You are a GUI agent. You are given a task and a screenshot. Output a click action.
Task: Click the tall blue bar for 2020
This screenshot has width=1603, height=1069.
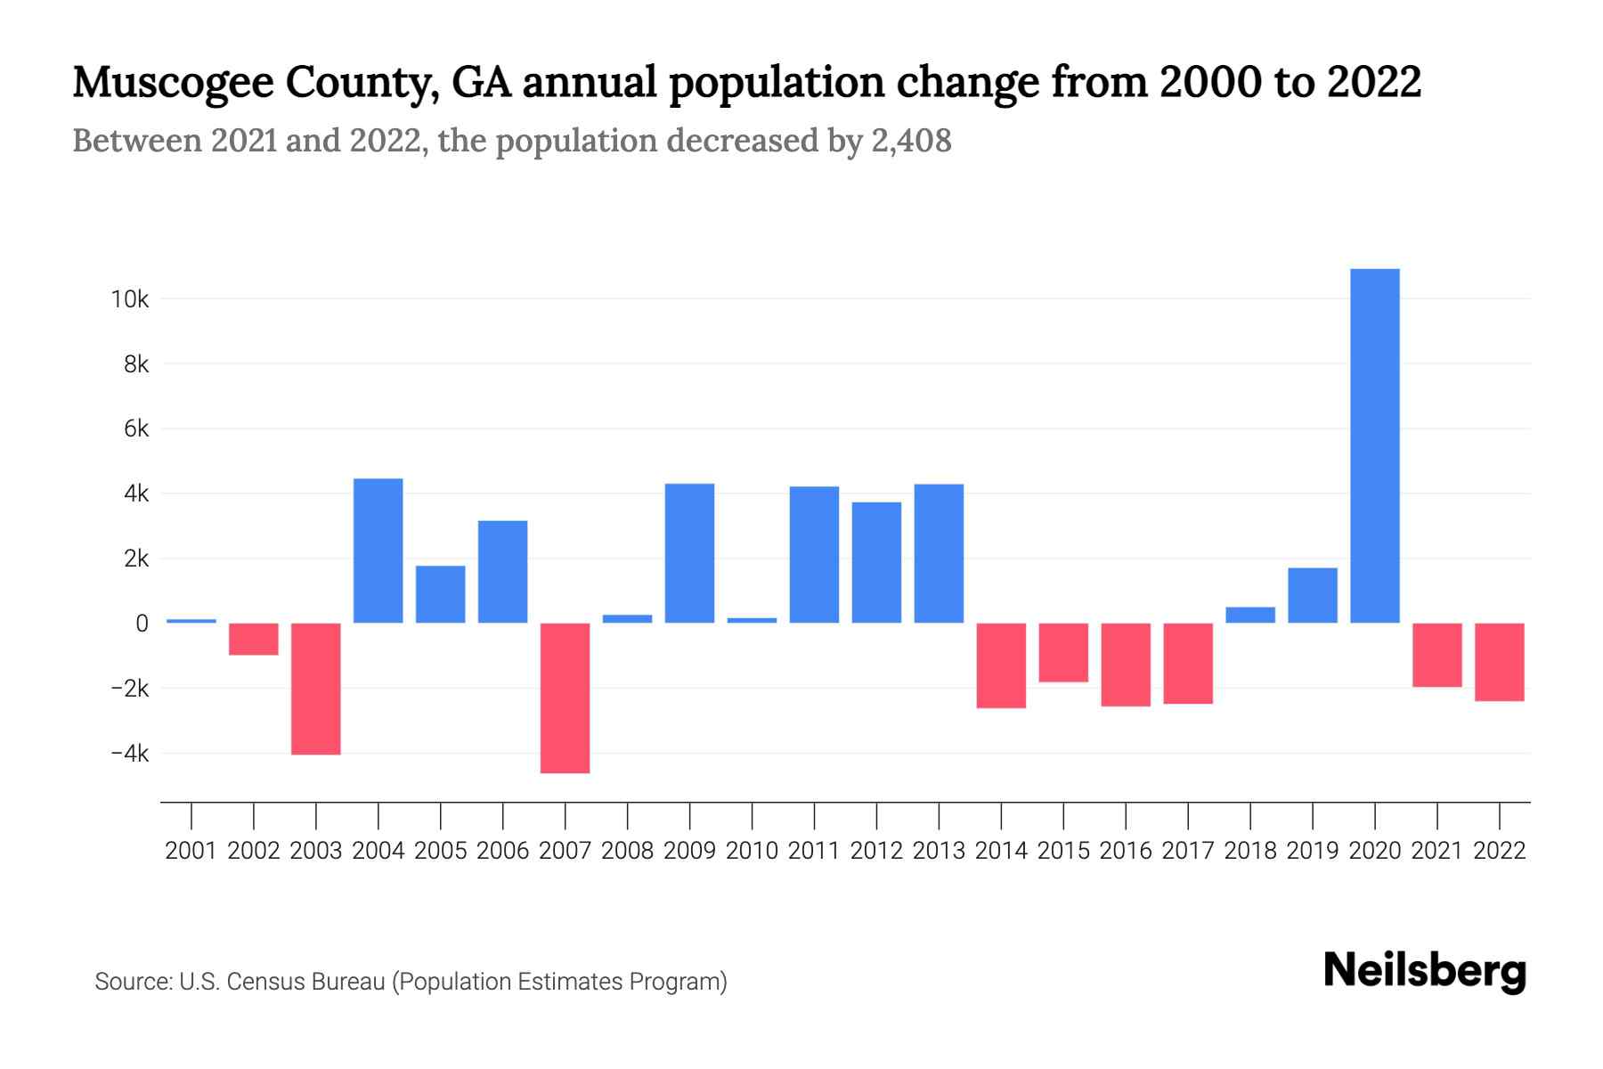1374,445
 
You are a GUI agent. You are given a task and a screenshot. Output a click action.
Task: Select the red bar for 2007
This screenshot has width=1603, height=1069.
565,698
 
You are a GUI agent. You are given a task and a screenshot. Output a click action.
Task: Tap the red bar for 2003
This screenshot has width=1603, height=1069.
316,689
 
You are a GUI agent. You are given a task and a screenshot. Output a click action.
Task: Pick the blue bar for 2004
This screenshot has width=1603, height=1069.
378,551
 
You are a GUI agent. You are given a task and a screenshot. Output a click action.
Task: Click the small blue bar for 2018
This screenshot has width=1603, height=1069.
1250,615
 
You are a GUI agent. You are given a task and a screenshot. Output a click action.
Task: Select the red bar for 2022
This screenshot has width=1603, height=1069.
1499,662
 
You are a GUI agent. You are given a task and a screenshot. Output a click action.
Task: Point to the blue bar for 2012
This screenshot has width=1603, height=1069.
876,562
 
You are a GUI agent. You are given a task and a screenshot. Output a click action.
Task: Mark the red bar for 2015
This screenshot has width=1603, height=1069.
1063,652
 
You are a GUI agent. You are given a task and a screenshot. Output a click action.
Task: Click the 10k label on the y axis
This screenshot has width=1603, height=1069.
130,299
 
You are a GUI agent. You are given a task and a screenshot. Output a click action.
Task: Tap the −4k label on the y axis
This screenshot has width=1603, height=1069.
130,754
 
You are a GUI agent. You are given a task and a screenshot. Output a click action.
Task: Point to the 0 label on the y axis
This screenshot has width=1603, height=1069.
142,624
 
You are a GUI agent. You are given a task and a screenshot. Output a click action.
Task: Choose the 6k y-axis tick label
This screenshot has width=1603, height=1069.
136,429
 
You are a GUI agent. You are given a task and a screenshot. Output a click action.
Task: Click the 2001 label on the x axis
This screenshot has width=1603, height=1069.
191,851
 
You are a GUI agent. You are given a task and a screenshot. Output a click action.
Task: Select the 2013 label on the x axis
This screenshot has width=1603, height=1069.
939,851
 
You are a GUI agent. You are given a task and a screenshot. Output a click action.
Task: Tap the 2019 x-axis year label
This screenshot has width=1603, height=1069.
1312,851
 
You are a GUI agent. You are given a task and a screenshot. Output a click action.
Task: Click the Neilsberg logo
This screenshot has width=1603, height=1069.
1425,971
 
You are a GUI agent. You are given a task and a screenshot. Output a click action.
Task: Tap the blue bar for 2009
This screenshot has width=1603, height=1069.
689,553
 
